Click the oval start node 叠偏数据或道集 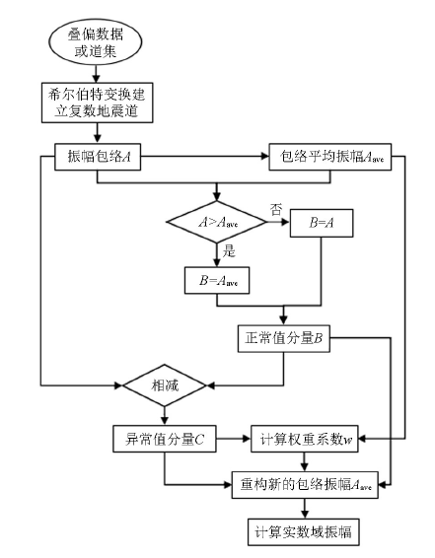pyautogui.click(x=96, y=42)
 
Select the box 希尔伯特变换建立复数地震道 pyautogui.click(x=98, y=103)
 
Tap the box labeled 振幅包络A pyautogui.click(x=98, y=157)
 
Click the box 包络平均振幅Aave pyautogui.click(x=330, y=157)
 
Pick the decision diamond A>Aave pyautogui.click(x=216, y=222)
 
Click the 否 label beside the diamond pyautogui.click(x=276, y=209)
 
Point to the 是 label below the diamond pyautogui.click(x=229, y=251)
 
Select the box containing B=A pyautogui.click(x=322, y=223)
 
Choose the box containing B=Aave pyautogui.click(x=217, y=280)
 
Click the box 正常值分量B pyautogui.click(x=284, y=338)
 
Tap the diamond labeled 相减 pyautogui.click(x=165, y=385)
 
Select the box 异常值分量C pyautogui.click(x=165, y=439)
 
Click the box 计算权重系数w pyautogui.click(x=305, y=439)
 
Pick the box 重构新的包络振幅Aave pyautogui.click(x=305, y=485)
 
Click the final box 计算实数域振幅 pyautogui.click(x=303, y=532)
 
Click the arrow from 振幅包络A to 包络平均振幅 pyautogui.click(x=205, y=156)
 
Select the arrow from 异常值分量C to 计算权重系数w pyautogui.click(x=234, y=439)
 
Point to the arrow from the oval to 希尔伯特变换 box pyautogui.click(x=96, y=74)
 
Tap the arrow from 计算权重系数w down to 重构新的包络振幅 pyautogui.click(x=304, y=462)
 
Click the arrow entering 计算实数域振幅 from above pyautogui.click(x=304, y=509)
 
